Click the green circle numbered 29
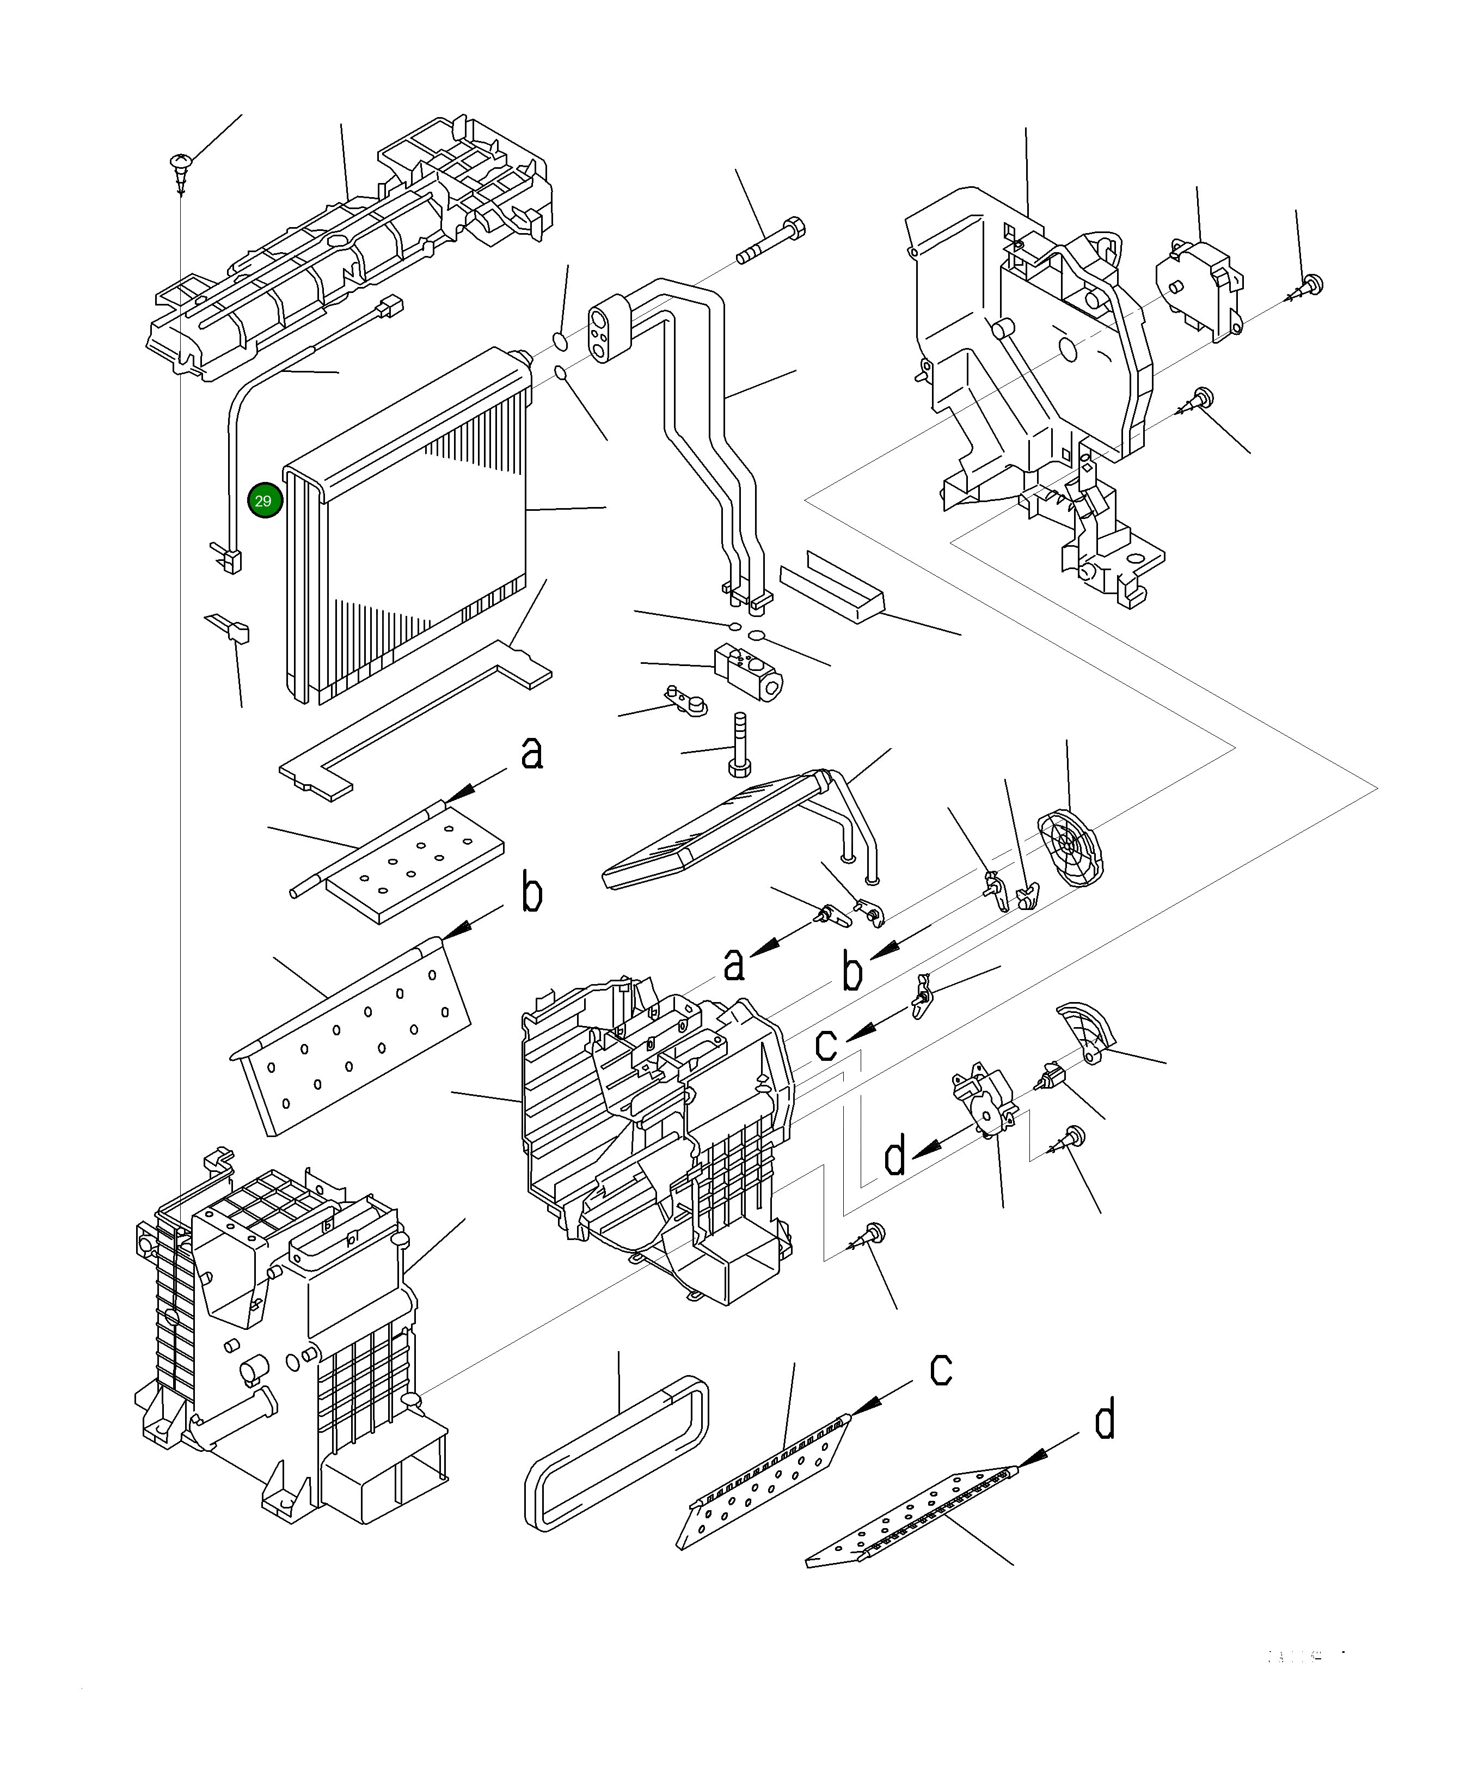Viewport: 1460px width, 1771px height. click(264, 500)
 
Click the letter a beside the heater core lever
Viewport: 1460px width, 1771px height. click(734, 963)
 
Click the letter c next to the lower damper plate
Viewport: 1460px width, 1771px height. click(940, 1369)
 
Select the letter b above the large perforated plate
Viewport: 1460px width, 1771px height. click(531, 893)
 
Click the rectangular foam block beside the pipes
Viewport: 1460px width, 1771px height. click(831, 587)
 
